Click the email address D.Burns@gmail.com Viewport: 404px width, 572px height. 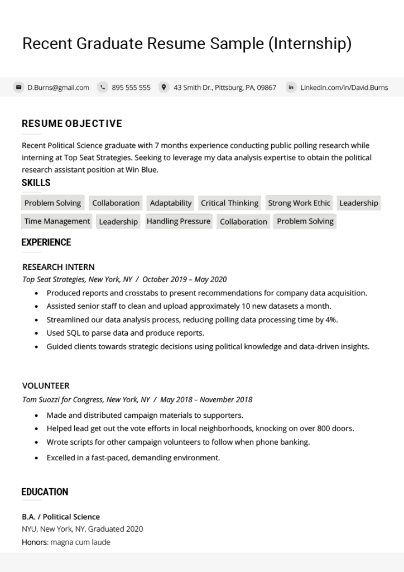click(58, 87)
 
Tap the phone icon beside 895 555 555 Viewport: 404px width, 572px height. click(103, 87)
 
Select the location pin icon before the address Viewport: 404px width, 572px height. click(163, 87)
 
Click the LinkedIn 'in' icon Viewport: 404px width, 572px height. click(291, 87)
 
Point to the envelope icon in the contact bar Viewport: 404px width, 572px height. click(18, 87)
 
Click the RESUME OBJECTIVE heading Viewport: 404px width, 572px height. click(71, 123)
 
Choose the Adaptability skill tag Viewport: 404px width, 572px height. click(171, 203)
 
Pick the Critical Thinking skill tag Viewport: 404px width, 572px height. click(229, 203)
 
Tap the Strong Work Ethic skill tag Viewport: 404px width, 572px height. click(299, 203)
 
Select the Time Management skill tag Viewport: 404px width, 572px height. click(57, 221)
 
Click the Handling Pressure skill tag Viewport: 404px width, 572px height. click(179, 221)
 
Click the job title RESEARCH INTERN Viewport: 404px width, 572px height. click(59, 267)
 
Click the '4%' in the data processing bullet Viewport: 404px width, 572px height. click(331, 320)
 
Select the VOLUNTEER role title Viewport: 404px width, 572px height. click(46, 386)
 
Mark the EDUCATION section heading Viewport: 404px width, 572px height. click(45, 492)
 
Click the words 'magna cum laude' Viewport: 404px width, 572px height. click(80, 542)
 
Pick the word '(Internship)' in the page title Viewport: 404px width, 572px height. click(310, 44)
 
